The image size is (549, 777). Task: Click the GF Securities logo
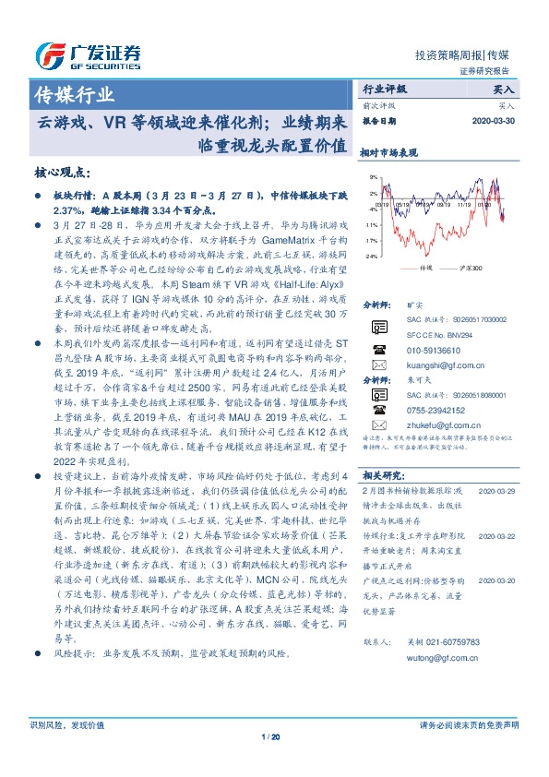(88, 55)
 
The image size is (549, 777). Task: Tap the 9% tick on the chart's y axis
(373, 177)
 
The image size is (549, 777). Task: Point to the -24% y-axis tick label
(371, 256)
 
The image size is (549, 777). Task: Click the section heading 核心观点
(62, 173)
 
